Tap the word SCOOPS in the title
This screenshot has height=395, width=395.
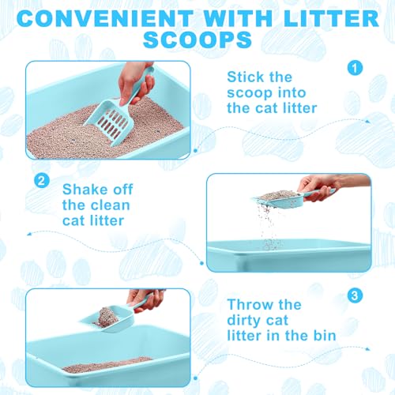197,39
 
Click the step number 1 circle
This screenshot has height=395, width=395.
355,68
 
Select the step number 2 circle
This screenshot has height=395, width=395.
42,181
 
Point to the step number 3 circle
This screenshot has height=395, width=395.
355,295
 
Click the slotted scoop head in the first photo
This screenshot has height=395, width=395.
107,121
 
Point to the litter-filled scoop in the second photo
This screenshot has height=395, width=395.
278,200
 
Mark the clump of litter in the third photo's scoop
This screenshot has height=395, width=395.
107,318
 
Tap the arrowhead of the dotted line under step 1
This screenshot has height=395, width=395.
367,122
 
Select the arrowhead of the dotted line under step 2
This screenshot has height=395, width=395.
29,234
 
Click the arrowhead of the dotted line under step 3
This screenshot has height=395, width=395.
367,349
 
